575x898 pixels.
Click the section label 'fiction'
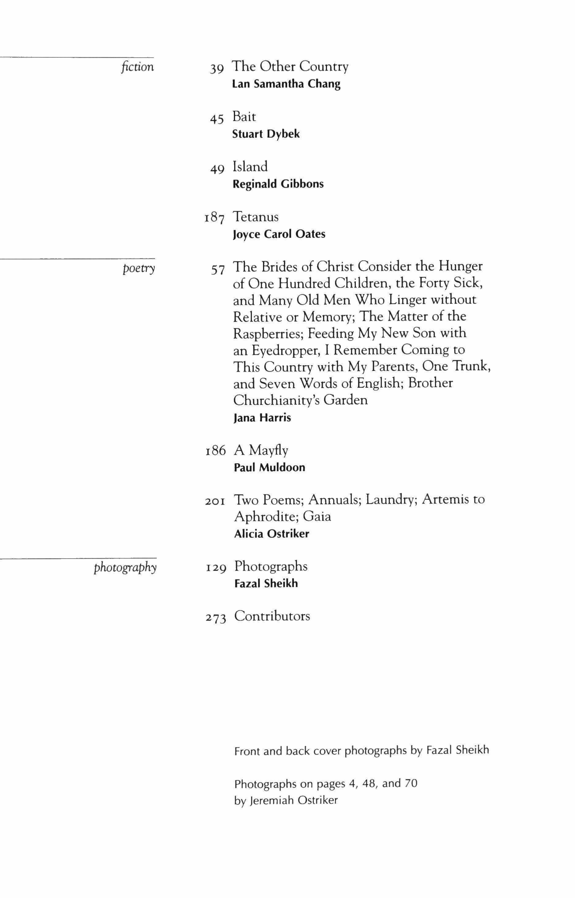click(137, 67)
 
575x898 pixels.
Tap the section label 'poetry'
click(139, 269)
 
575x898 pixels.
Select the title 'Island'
click(250, 166)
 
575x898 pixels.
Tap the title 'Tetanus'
click(256, 217)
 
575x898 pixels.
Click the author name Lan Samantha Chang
click(286, 84)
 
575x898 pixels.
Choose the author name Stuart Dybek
click(266, 134)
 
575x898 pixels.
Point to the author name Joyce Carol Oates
click(279, 234)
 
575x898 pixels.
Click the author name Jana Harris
click(262, 418)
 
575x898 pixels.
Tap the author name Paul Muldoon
click(270, 468)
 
